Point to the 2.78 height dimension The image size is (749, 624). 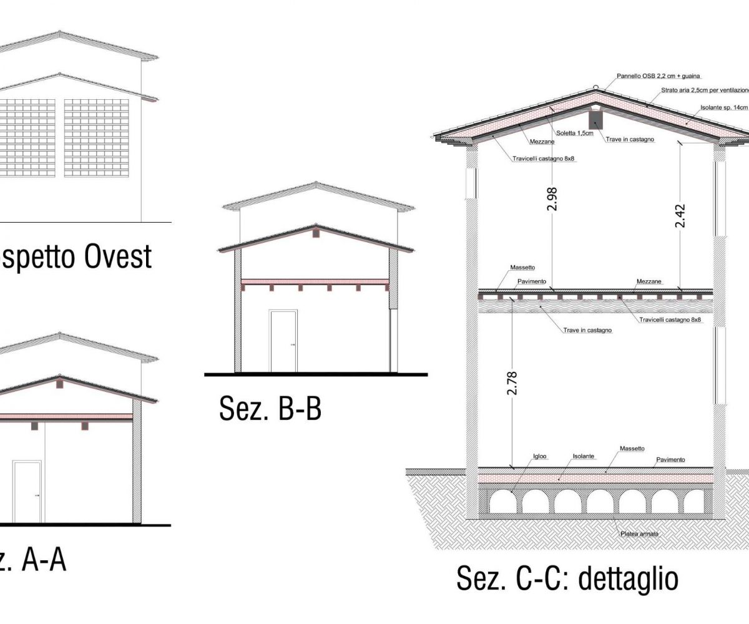point(513,383)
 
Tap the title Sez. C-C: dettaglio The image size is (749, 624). point(567,578)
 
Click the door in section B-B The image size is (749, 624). point(283,341)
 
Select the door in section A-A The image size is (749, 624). point(27,492)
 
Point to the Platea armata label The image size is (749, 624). point(639,534)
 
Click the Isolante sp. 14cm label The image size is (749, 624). point(723,107)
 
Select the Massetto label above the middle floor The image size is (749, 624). point(522,268)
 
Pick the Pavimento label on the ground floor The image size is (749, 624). point(670,460)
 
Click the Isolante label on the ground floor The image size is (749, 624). point(584,456)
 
